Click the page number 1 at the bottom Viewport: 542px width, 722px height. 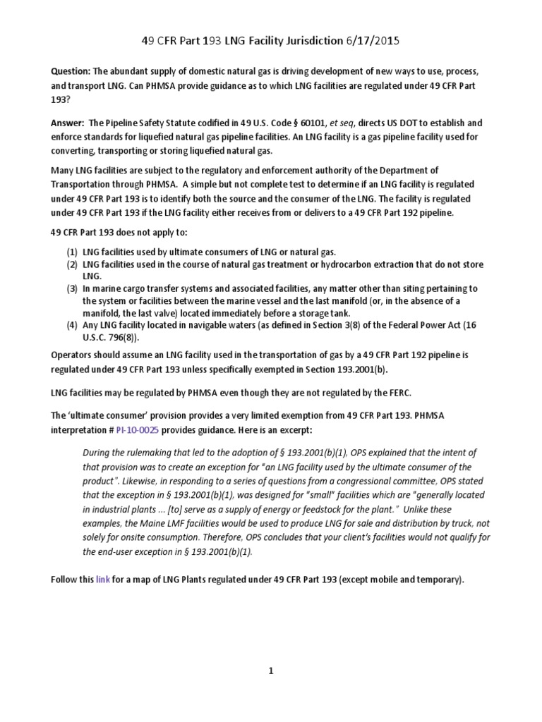(x=270, y=671)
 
